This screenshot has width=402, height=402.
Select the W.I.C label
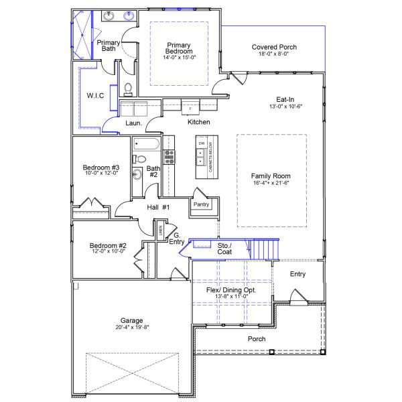94,96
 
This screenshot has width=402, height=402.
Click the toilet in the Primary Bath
127,89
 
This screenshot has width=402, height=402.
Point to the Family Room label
271,176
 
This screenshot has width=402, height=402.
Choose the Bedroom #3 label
100,167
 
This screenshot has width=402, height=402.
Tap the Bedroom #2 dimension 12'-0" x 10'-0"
108,253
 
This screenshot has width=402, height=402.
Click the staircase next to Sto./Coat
263,251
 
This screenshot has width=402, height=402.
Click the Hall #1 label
159,208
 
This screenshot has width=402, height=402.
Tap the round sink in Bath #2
137,175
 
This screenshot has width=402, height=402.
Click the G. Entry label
178,239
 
